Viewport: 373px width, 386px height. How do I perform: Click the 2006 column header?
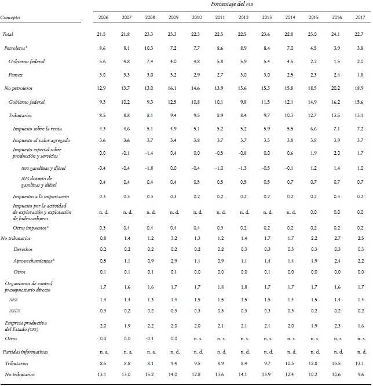pyautogui.click(x=104, y=19)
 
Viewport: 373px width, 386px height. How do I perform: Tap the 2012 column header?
pyautogui.click(x=244, y=19)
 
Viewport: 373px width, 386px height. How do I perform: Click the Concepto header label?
pyautogui.click(x=11, y=19)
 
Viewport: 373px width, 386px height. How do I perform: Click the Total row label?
pyautogui.click(x=9, y=35)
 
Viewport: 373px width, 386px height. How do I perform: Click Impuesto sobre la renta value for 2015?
pyautogui.click(x=314, y=128)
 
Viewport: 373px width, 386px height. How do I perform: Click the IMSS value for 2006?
pyautogui.click(x=104, y=300)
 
